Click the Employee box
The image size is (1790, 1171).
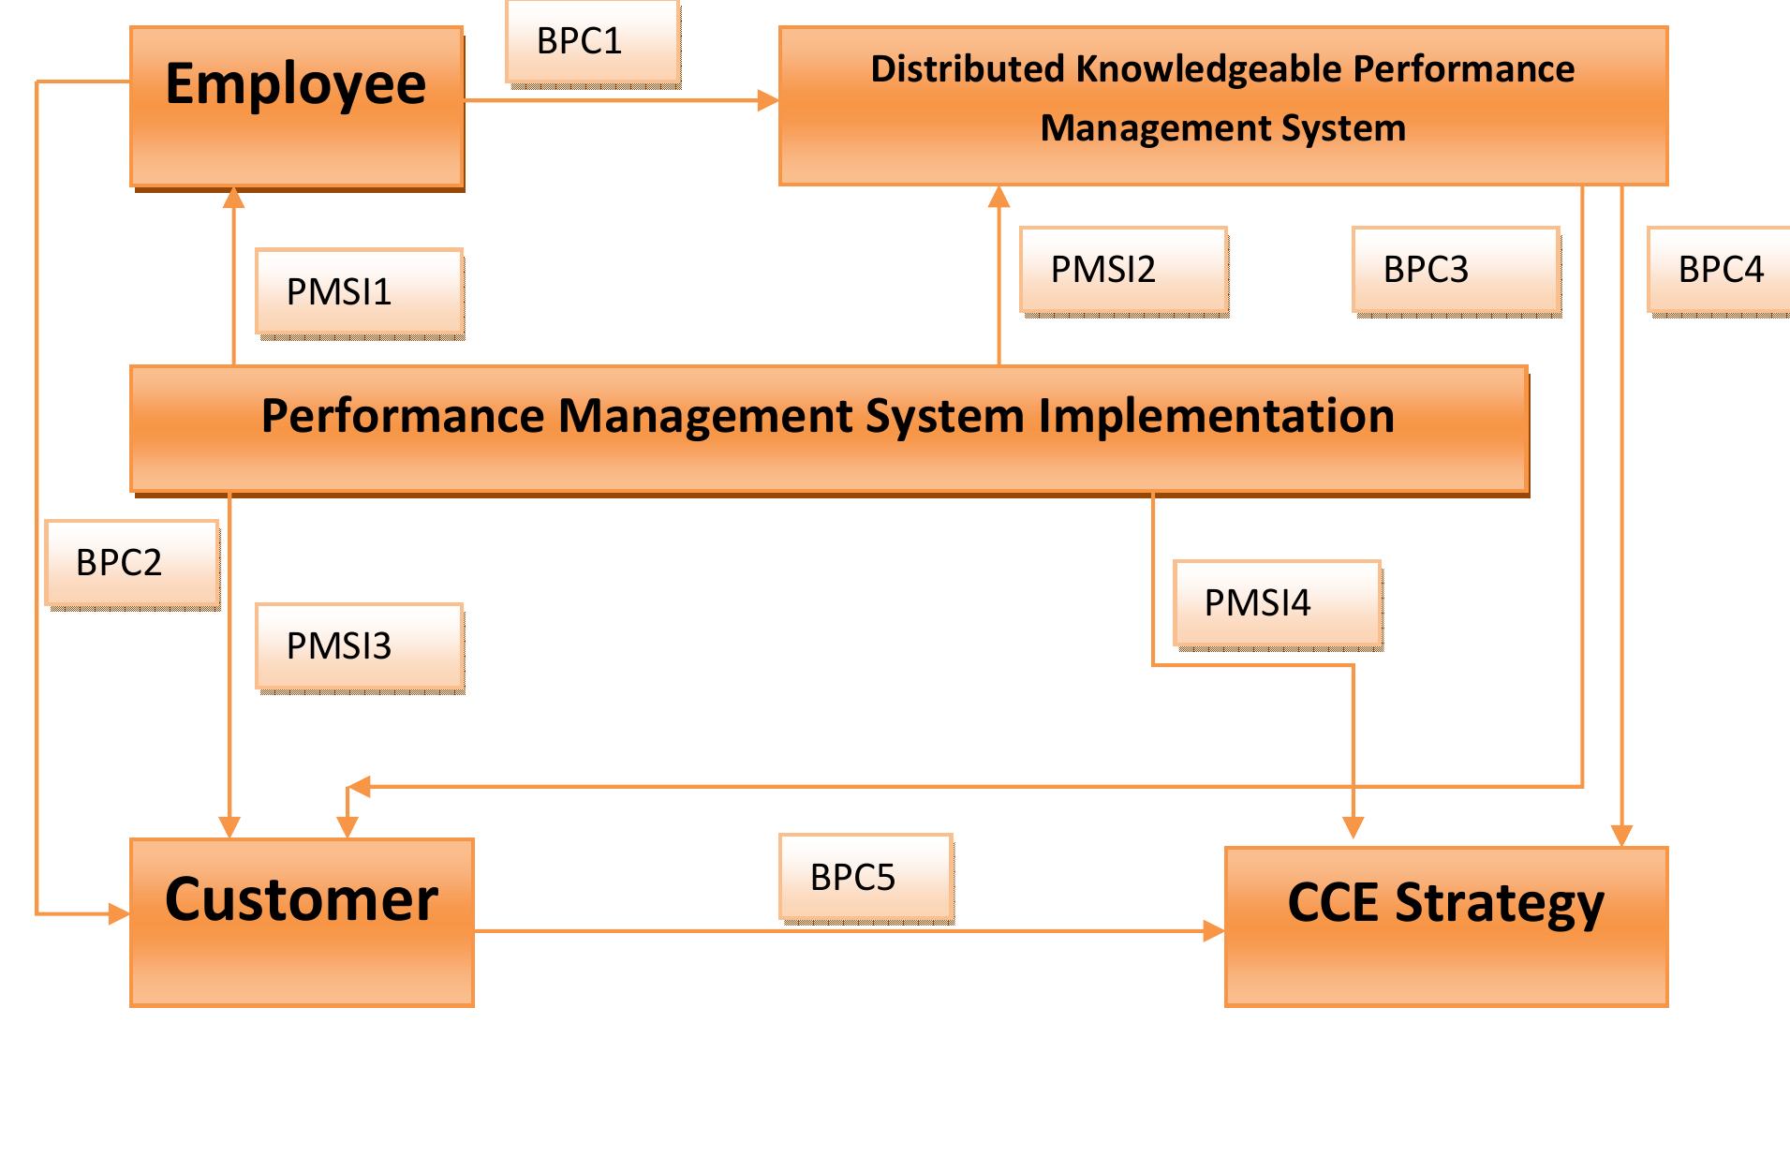point(296,106)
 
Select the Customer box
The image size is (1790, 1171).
point(302,922)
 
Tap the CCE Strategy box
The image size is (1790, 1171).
point(1445,926)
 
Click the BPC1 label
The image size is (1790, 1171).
point(591,42)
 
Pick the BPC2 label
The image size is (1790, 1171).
point(131,563)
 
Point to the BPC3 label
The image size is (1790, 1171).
point(1455,270)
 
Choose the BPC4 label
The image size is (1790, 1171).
point(1720,270)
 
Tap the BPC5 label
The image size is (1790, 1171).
point(865,878)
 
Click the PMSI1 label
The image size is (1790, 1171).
point(358,292)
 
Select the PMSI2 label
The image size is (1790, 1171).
point(1122,270)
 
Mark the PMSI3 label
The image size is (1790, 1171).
point(358,646)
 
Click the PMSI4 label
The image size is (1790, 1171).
point(1276,603)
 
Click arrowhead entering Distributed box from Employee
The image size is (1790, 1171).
point(768,100)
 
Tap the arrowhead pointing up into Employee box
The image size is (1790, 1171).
point(234,198)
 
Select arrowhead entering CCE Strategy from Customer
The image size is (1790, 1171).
point(1214,930)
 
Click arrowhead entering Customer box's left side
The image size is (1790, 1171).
point(119,913)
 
